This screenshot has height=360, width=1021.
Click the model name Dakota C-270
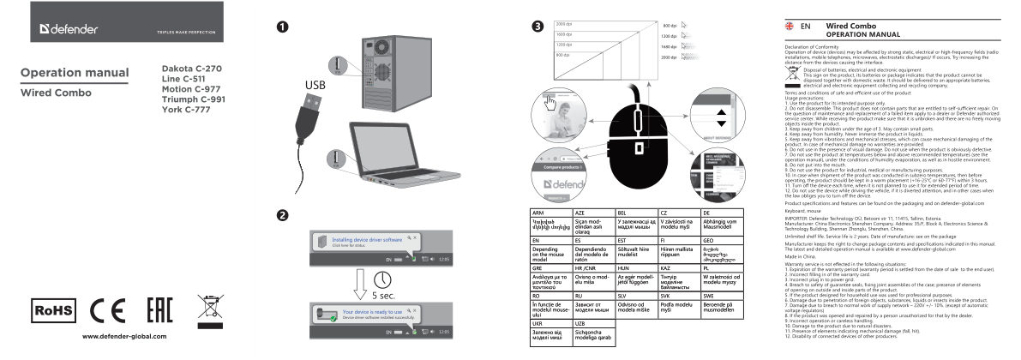tap(192, 67)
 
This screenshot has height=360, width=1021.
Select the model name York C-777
tap(188, 110)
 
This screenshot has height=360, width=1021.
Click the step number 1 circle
tap(282, 27)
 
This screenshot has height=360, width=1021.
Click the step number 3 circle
tap(537, 27)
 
